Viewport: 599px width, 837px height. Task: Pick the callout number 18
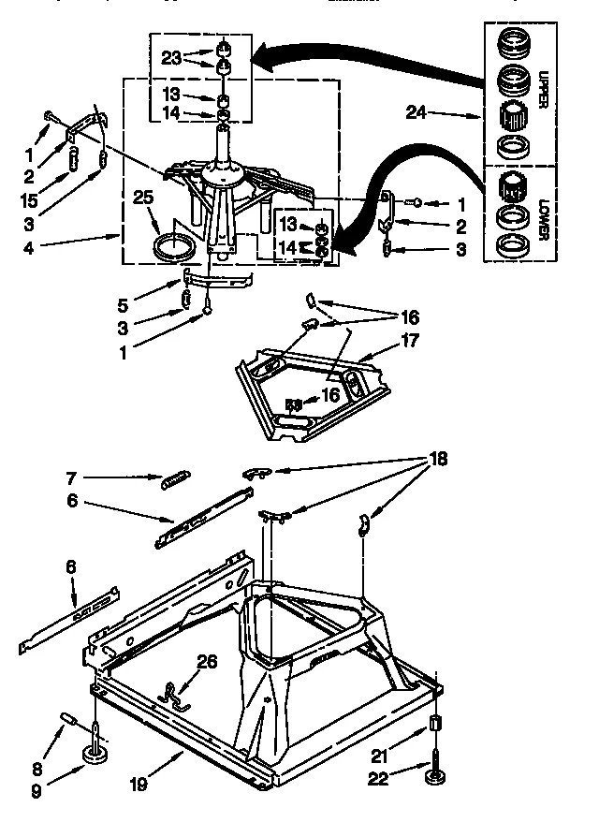coord(436,459)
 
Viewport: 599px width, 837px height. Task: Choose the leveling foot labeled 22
coord(436,774)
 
